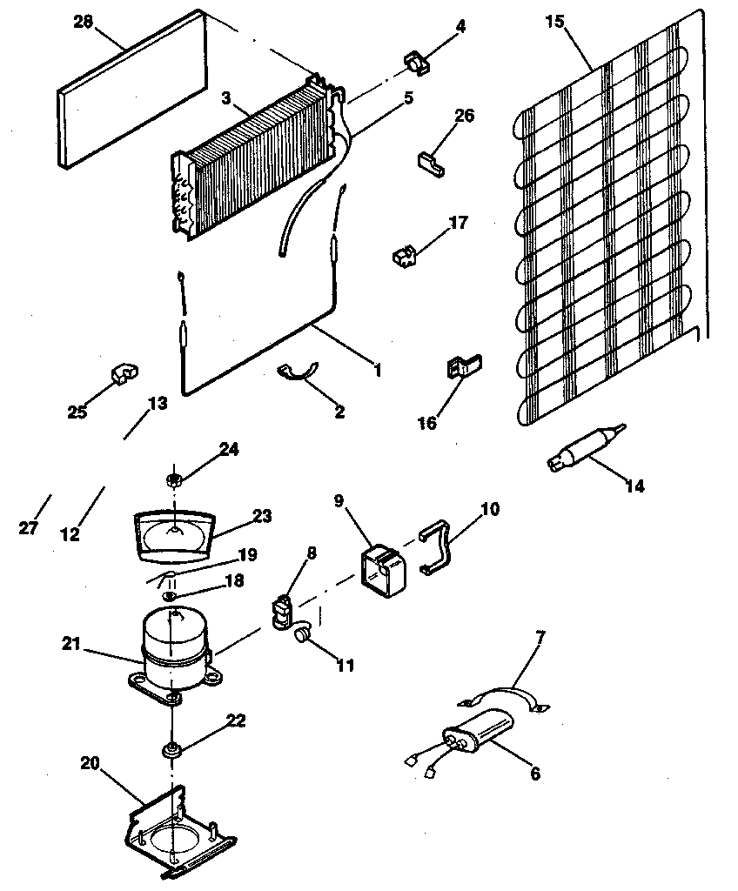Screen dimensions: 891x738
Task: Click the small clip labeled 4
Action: pyautogui.click(x=417, y=64)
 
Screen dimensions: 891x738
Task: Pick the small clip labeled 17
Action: pyautogui.click(x=404, y=256)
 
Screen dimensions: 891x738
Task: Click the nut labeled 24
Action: pyautogui.click(x=174, y=479)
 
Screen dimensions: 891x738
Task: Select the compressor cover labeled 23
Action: pyautogui.click(x=174, y=533)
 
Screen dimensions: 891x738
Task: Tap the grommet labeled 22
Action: pyautogui.click(x=173, y=750)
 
